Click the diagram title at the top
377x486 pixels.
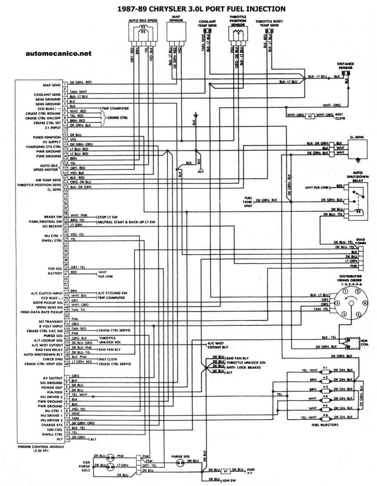click(202, 9)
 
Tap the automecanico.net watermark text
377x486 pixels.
click(58, 54)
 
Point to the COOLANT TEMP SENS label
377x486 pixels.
click(207, 24)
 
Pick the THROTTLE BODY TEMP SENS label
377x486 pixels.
click(270, 23)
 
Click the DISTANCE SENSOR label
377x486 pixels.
click(345, 66)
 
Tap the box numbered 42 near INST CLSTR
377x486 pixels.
click(309, 116)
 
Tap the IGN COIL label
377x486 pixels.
click(364, 343)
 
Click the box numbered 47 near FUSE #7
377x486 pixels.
click(225, 471)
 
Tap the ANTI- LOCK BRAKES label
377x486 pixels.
click(243, 367)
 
